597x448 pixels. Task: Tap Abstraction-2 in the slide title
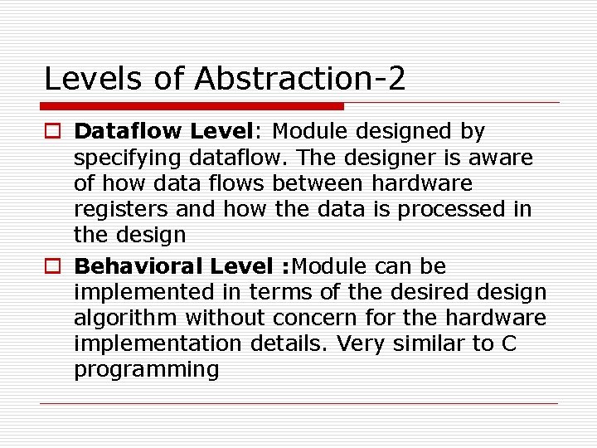coord(299,79)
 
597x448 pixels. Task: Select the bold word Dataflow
coord(128,131)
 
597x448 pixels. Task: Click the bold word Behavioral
coord(138,266)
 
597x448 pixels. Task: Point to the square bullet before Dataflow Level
coord(52,132)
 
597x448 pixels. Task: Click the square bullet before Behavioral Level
coord(52,267)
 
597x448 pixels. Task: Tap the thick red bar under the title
coord(192,106)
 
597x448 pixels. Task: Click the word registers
coord(121,209)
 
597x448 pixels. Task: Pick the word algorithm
coord(125,318)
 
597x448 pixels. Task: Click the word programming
coord(146,370)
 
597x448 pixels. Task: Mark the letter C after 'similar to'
coord(509,343)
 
